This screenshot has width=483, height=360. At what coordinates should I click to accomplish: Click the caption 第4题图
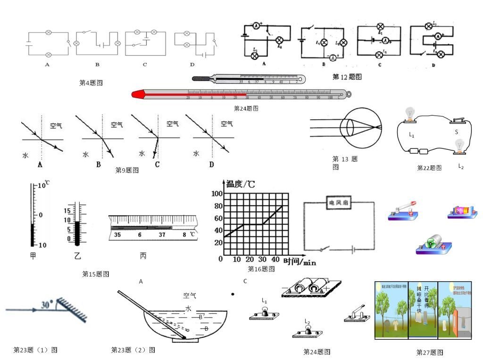(91, 83)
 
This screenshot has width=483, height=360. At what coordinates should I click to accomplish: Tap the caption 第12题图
(347, 77)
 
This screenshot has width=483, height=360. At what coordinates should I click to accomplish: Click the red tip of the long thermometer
(137, 95)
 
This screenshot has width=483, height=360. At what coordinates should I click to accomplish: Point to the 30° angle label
(47, 303)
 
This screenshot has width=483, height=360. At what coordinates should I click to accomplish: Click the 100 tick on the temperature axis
(217, 193)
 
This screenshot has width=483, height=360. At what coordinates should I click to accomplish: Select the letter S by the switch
(457, 132)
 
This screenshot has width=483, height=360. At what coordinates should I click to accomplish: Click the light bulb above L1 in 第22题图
(410, 113)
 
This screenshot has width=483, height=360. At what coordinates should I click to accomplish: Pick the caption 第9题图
(127, 171)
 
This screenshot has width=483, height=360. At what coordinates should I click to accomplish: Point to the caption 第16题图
(261, 269)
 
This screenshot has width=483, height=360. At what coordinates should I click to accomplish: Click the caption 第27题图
(430, 352)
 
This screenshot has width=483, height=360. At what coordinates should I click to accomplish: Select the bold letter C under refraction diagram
(157, 164)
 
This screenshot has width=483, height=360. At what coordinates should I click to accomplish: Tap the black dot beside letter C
(233, 295)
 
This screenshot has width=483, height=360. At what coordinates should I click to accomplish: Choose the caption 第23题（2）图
(133, 350)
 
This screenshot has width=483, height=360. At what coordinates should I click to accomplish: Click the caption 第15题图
(96, 274)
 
